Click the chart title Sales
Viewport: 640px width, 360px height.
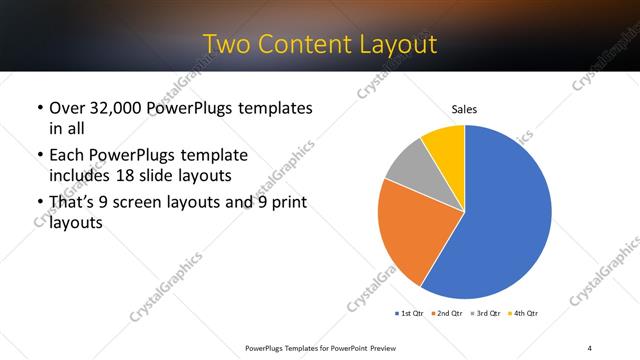464,108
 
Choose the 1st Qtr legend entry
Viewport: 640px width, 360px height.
408,314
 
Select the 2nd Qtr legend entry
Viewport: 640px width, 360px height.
448,314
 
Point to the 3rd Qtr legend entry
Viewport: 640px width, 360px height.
487,314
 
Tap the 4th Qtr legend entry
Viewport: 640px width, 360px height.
526,314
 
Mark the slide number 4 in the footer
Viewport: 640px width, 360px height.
589,347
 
